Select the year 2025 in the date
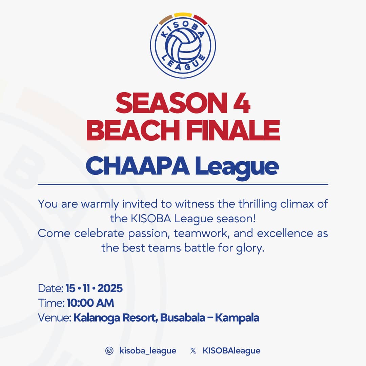pos(110,289)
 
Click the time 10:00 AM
pos(90,303)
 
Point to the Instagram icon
pos(109,351)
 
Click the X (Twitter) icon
pos(193,351)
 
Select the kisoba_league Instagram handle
pos(148,351)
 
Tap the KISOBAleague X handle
pos(231,351)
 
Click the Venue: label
pos(54,318)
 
